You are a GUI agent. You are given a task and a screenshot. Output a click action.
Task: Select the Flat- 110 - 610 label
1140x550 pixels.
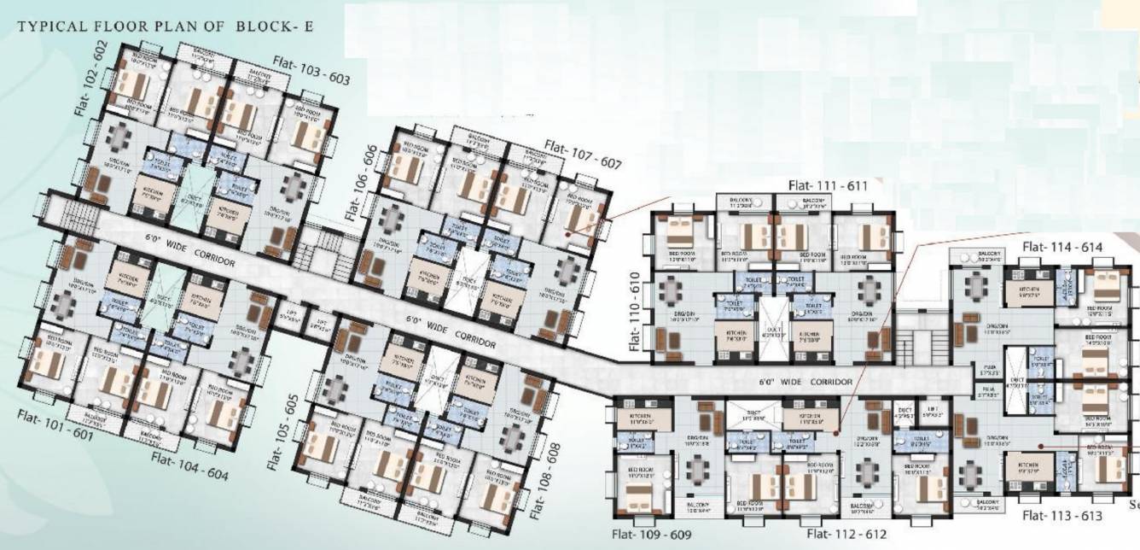pyautogui.click(x=635, y=313)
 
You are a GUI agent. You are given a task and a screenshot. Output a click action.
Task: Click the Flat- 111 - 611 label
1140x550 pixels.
pyautogui.click(x=827, y=185)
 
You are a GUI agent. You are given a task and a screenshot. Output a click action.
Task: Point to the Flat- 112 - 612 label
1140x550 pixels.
pyautogui.click(x=847, y=535)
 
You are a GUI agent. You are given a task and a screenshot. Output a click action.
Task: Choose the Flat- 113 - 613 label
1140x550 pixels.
pyautogui.click(x=1062, y=516)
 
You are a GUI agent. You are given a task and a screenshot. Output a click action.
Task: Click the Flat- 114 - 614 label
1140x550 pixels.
pyautogui.click(x=1062, y=248)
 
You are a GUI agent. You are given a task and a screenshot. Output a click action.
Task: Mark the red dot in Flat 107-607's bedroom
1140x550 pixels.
pyautogui.click(x=569, y=236)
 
